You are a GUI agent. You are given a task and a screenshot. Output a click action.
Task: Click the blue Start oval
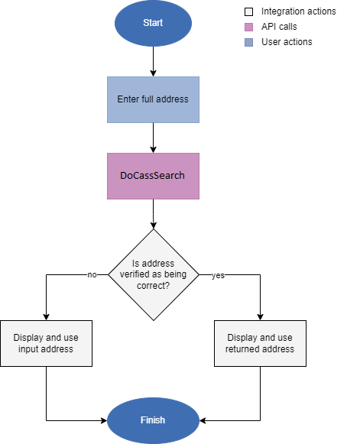[x=153, y=23]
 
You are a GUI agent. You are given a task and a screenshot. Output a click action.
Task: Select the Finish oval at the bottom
[x=153, y=420]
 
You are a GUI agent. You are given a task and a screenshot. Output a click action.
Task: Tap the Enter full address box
[x=153, y=99]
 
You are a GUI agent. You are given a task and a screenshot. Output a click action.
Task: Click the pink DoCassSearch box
[x=153, y=175]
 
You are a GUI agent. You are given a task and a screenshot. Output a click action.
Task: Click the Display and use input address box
[x=47, y=343]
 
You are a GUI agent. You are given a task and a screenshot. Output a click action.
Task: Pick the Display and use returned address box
[x=260, y=343]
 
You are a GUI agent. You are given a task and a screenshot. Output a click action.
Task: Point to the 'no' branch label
[x=92, y=274]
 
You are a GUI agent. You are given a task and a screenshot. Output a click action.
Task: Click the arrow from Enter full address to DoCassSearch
[x=153, y=138]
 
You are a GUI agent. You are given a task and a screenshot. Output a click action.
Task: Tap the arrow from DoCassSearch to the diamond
[x=153, y=214]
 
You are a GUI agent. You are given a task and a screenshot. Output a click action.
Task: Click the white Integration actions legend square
[x=248, y=11]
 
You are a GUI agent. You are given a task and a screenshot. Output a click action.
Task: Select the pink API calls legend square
[x=248, y=27]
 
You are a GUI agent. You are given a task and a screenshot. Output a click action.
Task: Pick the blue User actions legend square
[x=248, y=42]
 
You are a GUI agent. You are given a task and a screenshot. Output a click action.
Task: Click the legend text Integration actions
[x=298, y=11]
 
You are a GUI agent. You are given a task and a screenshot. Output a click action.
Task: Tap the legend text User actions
[x=287, y=42]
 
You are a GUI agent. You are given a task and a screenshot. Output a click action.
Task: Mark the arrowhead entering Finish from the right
[x=203, y=420]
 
